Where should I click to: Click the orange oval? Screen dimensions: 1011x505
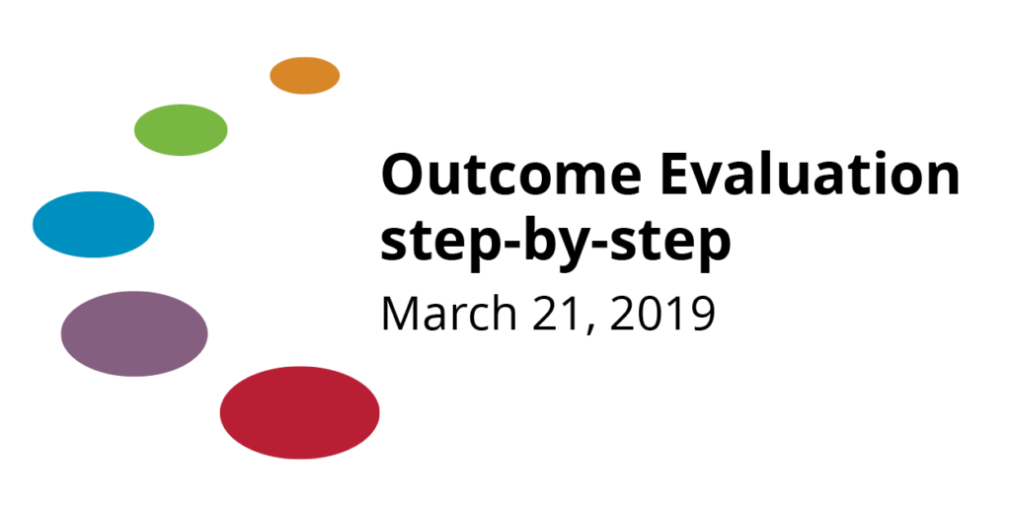click(304, 75)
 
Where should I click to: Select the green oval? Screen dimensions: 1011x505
click(181, 129)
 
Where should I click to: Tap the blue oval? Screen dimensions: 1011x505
click(94, 224)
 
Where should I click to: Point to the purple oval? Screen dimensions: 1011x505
click(134, 333)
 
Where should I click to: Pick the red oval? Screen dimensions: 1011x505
click(300, 412)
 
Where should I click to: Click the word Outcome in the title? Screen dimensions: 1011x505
click(511, 176)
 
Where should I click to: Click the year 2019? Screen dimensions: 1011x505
click(662, 315)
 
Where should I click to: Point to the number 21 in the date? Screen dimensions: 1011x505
click(555, 315)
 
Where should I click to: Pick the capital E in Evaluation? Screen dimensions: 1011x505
click(674, 176)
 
